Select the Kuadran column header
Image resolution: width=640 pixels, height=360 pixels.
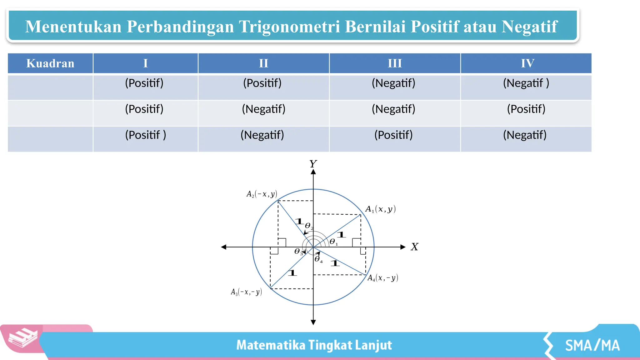point(50,63)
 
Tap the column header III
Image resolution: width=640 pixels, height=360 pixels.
point(395,63)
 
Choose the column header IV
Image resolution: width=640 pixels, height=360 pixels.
point(527,63)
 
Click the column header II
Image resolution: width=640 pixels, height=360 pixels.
point(263,63)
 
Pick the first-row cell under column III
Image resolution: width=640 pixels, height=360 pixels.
point(393,83)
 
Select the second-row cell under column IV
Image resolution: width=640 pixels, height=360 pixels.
point(526,109)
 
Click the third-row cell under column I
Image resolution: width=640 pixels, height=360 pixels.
point(146,135)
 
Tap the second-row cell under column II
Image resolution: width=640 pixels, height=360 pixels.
point(263,109)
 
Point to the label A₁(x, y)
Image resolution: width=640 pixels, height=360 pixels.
point(380,209)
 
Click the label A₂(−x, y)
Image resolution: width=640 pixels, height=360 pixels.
point(262,194)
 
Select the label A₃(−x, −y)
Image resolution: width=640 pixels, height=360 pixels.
point(246,292)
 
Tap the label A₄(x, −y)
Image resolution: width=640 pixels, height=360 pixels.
point(382,277)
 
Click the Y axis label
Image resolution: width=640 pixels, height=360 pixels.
point(313,164)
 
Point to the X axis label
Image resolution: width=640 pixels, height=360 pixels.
point(414,247)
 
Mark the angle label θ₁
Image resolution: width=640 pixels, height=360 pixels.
point(333,242)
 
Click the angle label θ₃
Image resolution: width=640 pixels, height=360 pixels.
point(298,252)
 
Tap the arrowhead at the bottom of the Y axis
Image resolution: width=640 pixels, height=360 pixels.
point(313,322)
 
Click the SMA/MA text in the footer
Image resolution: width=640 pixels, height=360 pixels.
point(592,346)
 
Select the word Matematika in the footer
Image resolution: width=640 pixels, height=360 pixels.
point(271,345)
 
